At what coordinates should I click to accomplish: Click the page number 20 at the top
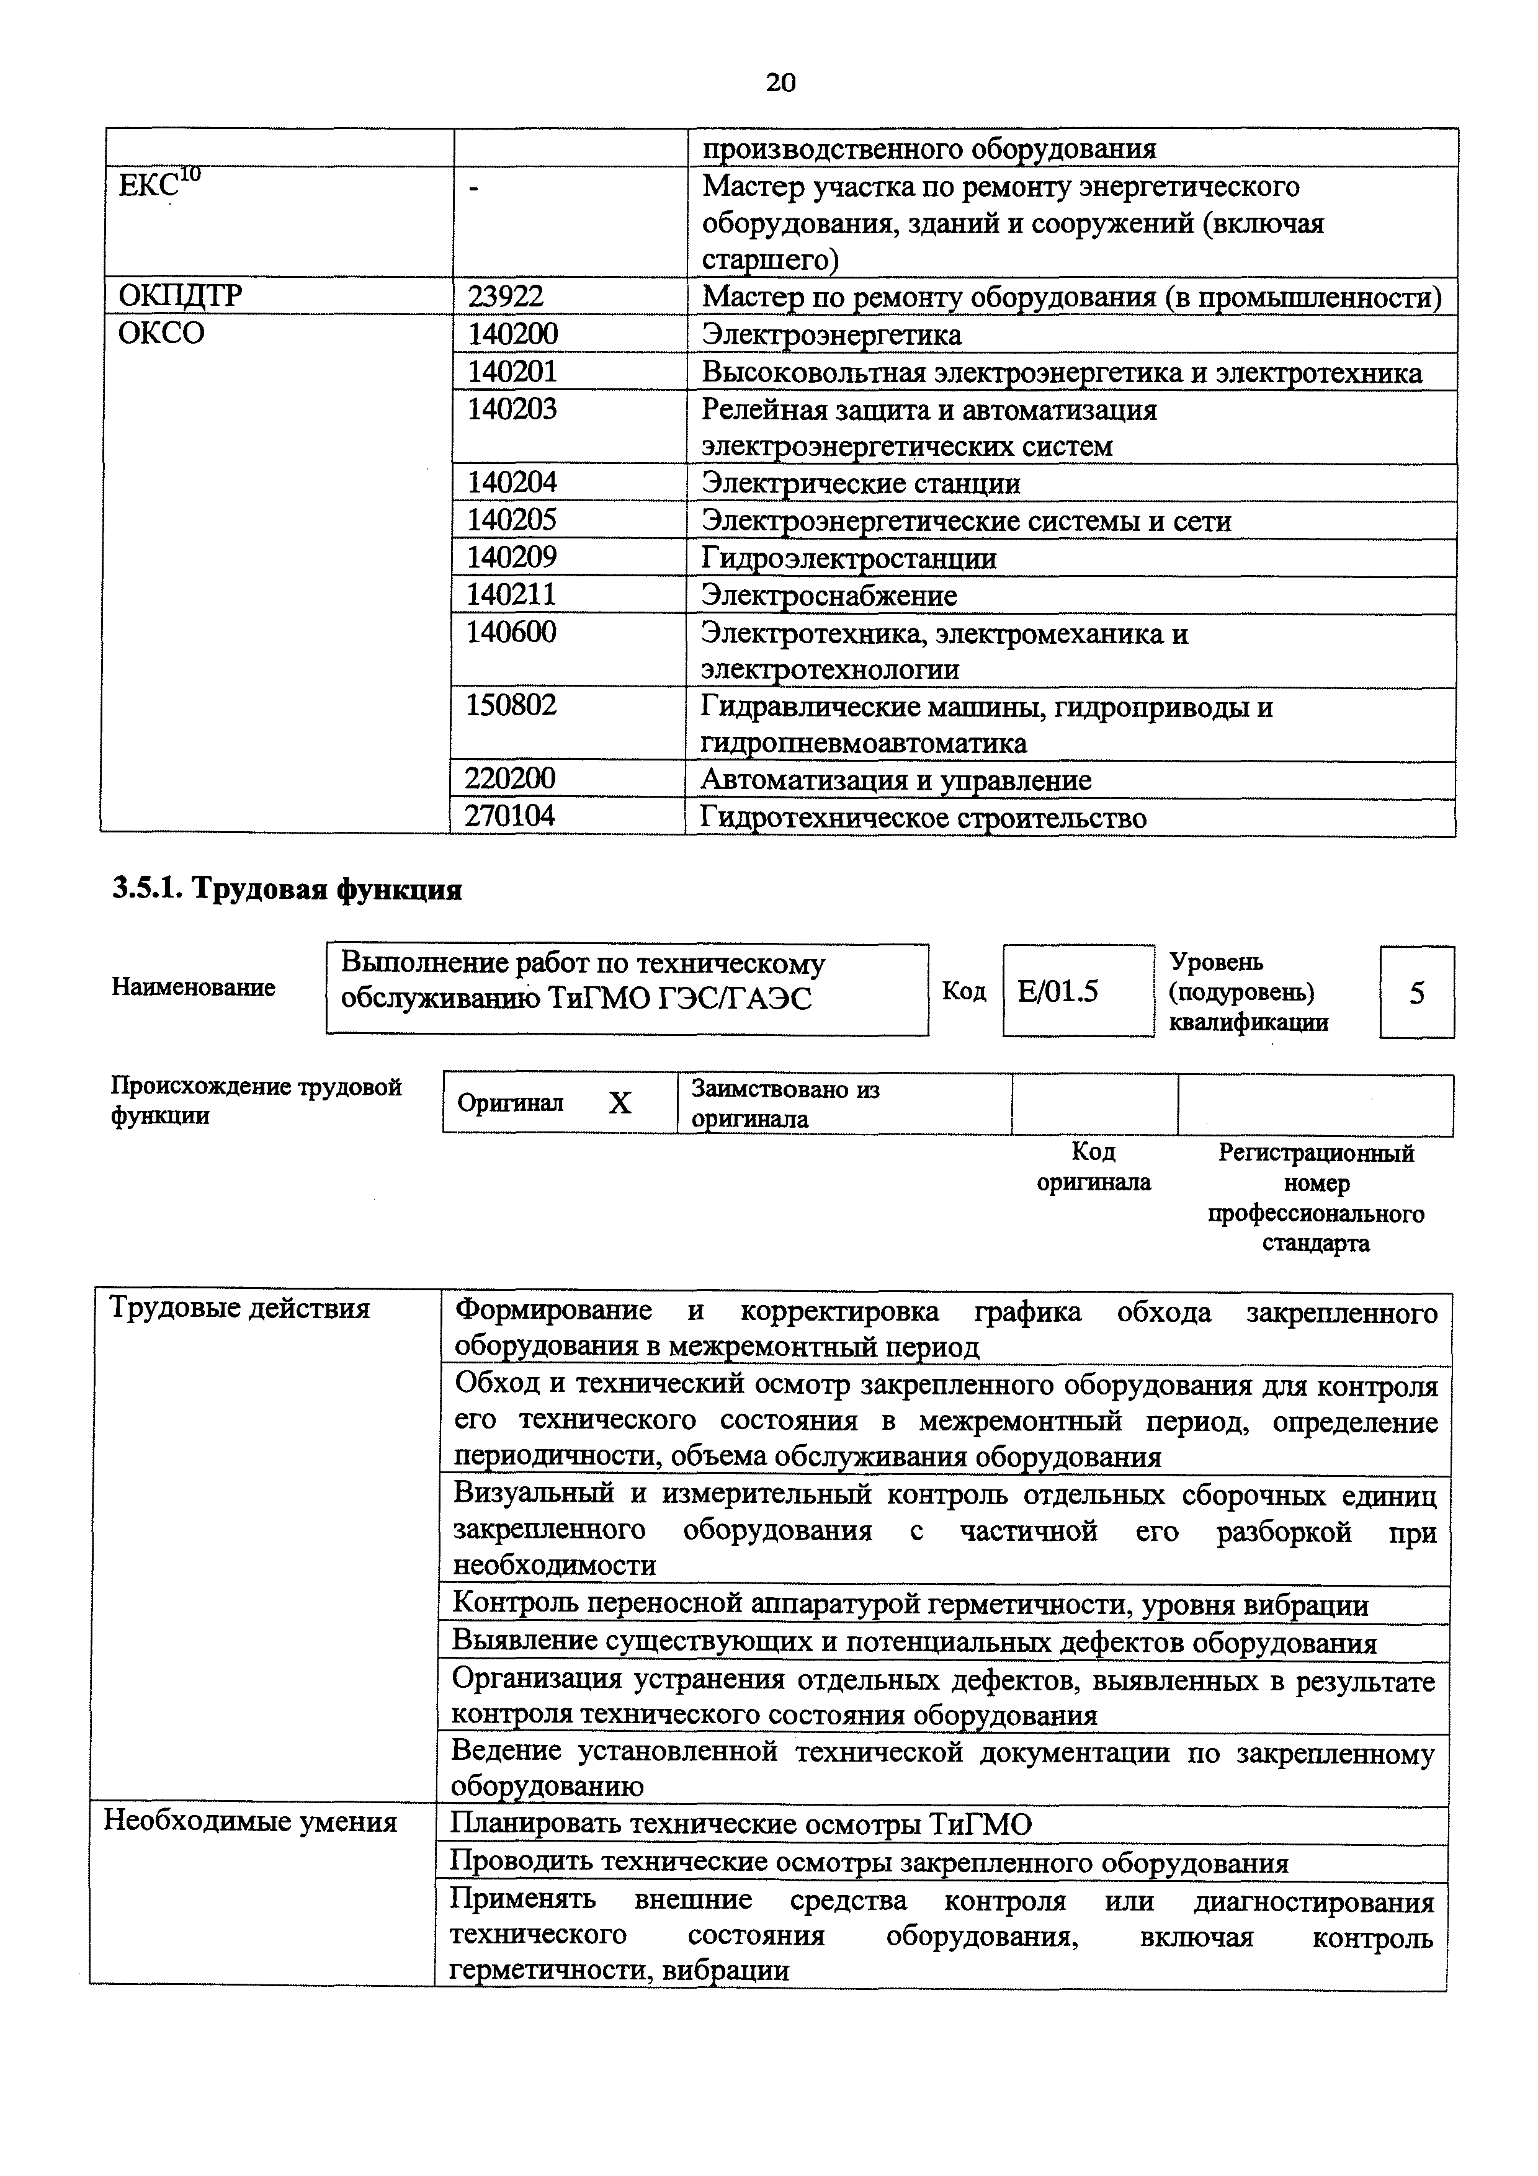click(x=780, y=83)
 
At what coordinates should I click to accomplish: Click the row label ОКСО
click(x=161, y=334)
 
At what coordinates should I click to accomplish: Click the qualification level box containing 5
click(x=1416, y=993)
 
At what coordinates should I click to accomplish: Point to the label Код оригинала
click(x=1094, y=1167)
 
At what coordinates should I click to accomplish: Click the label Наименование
click(x=194, y=988)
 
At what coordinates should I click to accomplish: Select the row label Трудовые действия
click(x=239, y=1309)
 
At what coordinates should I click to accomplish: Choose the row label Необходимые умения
click(x=250, y=1822)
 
